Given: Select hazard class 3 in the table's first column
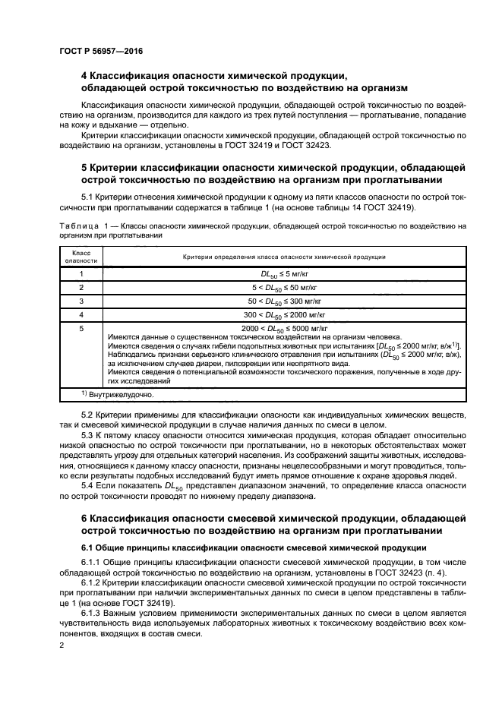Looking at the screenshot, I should pos(81,301).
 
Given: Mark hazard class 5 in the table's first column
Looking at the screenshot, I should pos(81,328).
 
